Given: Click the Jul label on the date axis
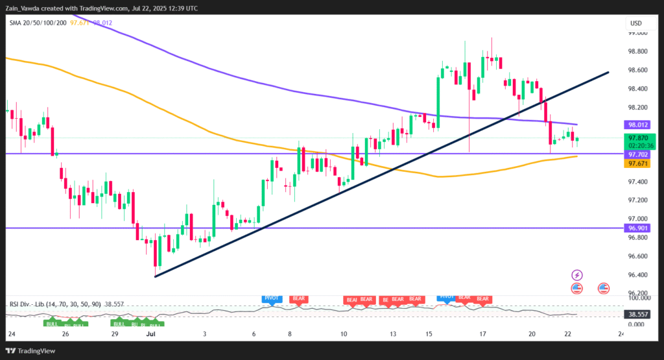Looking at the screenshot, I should [x=150, y=333].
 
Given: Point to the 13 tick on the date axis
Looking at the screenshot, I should [x=393, y=333].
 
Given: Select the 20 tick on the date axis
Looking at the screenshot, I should [x=532, y=333].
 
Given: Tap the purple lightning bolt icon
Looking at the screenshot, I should [x=576, y=275].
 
